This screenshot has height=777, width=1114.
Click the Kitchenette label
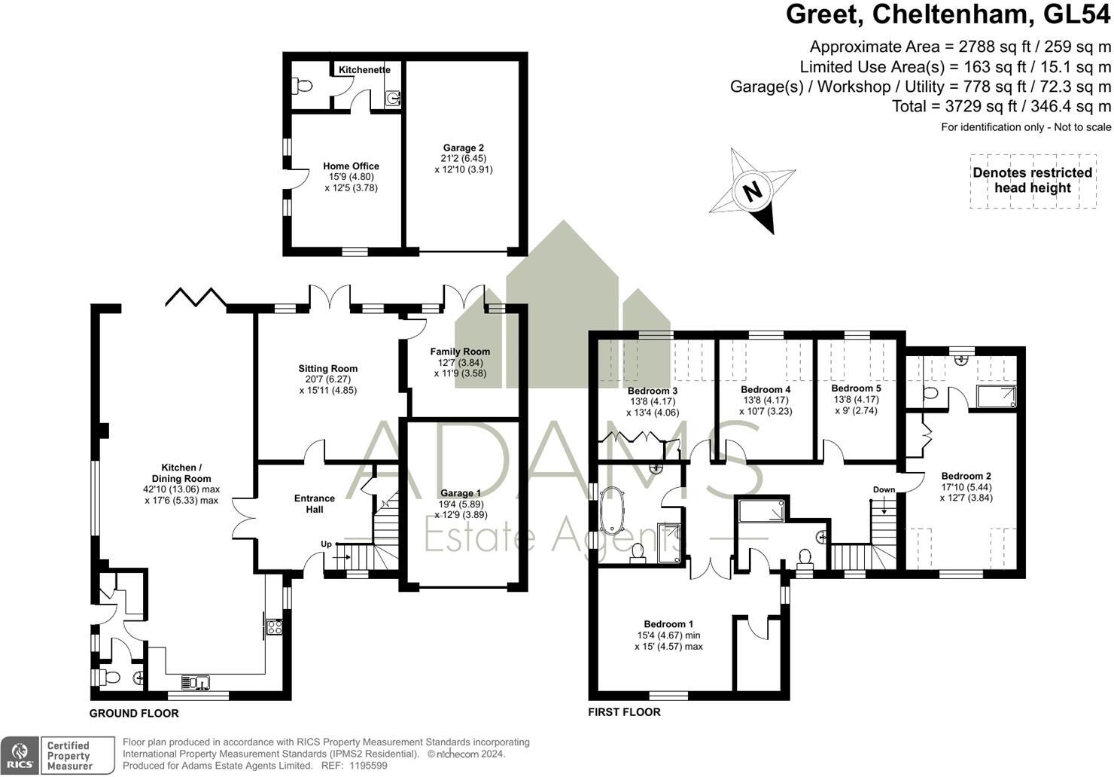[364, 70]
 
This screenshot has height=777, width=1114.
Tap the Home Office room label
[351, 166]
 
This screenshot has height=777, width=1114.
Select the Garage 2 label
[463, 148]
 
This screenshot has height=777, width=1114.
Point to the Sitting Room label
[327, 369]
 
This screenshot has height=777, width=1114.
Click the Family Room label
[460, 352]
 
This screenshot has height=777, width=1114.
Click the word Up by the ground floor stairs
[326, 544]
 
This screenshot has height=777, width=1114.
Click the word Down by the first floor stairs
[884, 489]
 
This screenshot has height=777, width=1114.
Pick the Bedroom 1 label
[668, 624]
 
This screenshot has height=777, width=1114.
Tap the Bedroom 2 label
[966, 476]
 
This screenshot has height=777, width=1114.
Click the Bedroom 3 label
[653, 391]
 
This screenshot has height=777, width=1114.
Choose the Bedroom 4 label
[765, 390]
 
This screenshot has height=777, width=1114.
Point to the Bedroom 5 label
[856, 388]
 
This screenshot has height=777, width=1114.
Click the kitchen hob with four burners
[274, 626]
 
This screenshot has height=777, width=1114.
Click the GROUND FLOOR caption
[134, 713]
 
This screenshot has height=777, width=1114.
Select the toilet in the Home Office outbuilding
[303, 86]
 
